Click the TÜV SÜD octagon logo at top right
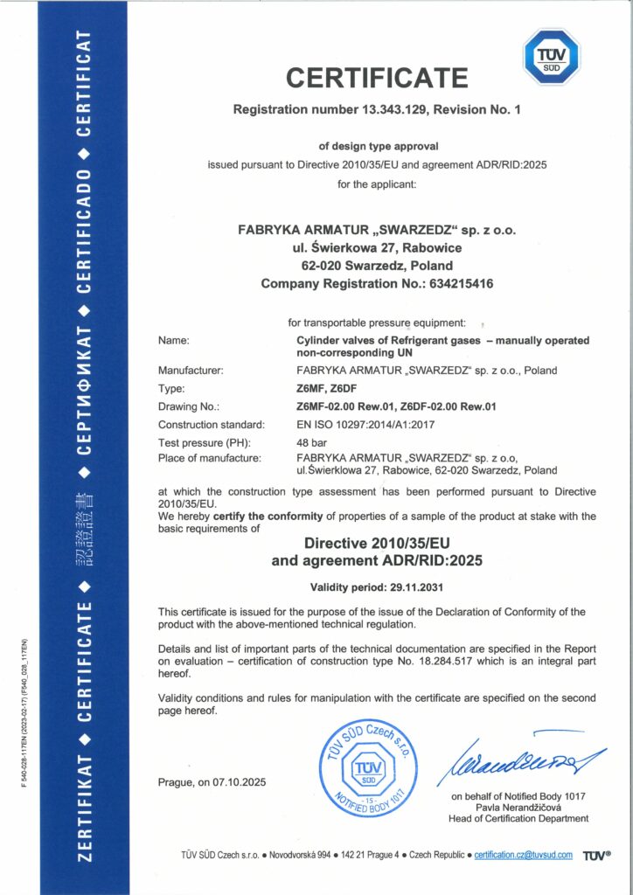click(x=551, y=57)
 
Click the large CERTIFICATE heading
click(x=377, y=78)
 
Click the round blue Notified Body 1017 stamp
click(x=361, y=767)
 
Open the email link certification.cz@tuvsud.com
click(x=523, y=855)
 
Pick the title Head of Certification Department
click(x=519, y=818)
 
